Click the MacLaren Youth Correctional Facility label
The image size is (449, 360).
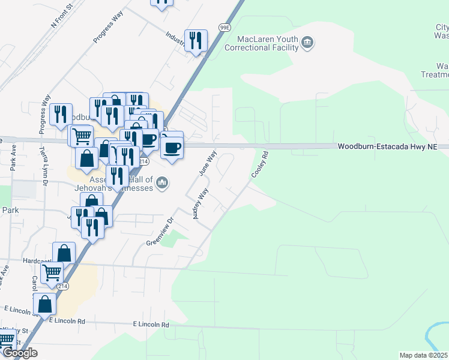[x=268, y=44]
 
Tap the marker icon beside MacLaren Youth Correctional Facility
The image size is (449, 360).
[x=307, y=41]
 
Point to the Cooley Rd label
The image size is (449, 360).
[x=259, y=164]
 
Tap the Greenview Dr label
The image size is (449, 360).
[x=160, y=236]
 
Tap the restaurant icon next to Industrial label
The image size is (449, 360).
[x=196, y=41]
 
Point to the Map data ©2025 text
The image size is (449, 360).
[x=423, y=355]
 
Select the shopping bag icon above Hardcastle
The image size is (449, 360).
[x=64, y=253]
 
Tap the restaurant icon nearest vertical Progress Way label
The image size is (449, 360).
[x=60, y=113]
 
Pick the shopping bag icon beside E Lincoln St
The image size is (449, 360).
[x=44, y=304]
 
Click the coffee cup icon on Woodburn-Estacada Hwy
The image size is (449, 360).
[x=172, y=147]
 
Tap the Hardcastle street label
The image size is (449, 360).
[x=37, y=262]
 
